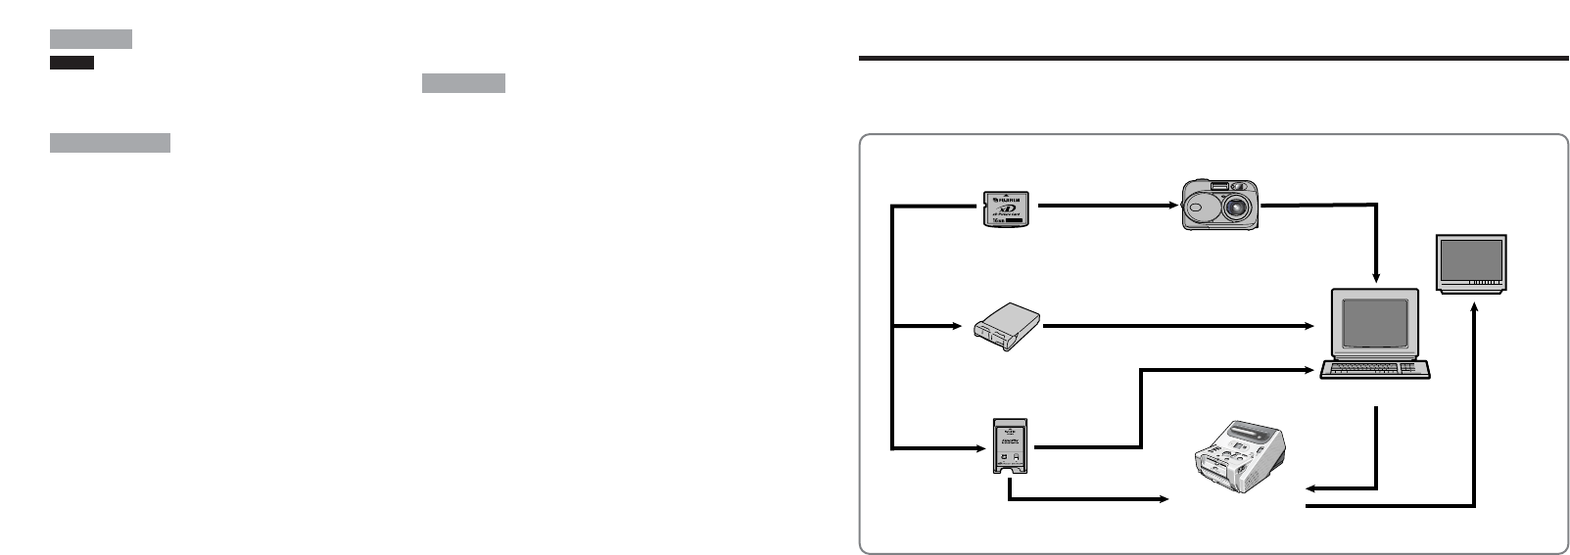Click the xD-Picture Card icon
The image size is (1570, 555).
1008,209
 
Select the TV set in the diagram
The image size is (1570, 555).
1470,263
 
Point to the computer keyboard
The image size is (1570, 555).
1373,369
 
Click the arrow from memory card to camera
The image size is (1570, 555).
1107,207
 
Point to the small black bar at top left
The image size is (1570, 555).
71,63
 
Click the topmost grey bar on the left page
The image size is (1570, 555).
90,39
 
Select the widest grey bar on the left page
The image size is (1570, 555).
110,144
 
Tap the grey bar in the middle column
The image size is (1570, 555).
463,83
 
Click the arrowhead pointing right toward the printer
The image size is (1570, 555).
1164,500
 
